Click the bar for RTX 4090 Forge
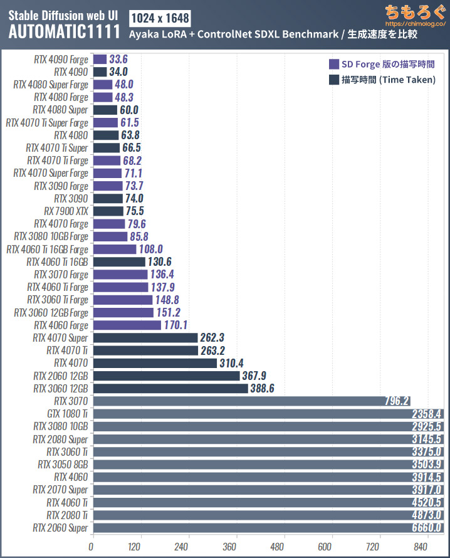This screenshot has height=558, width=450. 100,59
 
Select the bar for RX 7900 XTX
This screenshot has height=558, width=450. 108,211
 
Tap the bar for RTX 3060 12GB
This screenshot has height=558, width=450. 170,388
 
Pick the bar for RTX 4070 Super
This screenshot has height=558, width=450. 145,337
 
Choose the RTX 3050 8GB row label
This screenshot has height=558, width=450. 63,464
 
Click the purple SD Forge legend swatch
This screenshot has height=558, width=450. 333,64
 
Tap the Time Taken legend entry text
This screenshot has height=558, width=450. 389,80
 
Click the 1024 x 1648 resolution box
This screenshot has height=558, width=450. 159,17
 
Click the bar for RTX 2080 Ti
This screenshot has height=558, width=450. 268,515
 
